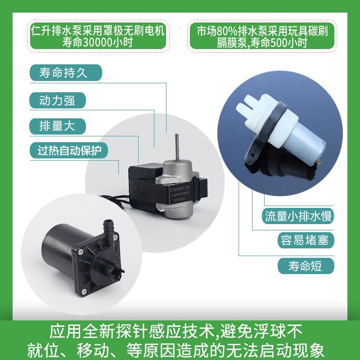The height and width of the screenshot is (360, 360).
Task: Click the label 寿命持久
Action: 65,73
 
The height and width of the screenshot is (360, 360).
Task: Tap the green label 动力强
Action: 57,100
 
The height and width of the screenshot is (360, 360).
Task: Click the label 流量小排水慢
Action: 298,217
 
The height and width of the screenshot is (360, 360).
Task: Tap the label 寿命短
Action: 306,265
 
